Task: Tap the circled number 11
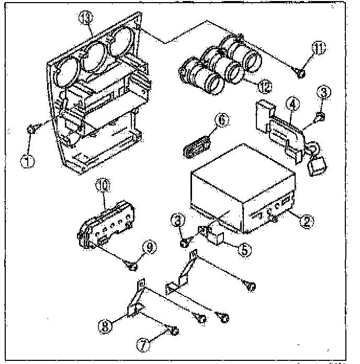coord(319,48)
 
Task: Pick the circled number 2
coord(307,222)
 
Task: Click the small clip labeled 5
coord(214,235)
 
